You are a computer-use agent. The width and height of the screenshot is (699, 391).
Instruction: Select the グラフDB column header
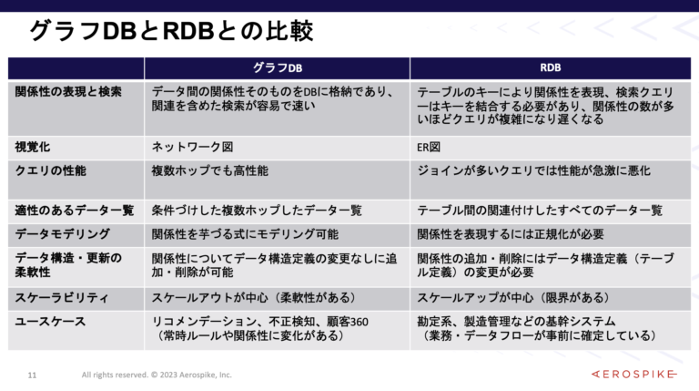[x=277, y=68]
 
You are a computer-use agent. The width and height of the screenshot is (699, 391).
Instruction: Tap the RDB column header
[x=550, y=68]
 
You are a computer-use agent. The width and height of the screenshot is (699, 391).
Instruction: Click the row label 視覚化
[x=35, y=146]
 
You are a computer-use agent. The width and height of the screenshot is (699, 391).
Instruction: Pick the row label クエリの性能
[x=51, y=170]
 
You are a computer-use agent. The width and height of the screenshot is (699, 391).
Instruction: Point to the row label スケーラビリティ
[x=62, y=297]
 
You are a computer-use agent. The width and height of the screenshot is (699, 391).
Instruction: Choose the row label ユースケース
[x=50, y=321]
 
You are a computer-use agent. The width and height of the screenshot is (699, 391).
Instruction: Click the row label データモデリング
[x=62, y=234]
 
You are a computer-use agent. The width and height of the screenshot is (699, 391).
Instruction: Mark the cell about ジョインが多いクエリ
[x=533, y=170]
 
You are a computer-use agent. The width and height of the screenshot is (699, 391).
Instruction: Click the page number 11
[x=32, y=375]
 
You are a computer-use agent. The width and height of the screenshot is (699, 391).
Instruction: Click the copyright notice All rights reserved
[x=157, y=375]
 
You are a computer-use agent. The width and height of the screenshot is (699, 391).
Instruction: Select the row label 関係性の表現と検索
[x=68, y=92]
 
